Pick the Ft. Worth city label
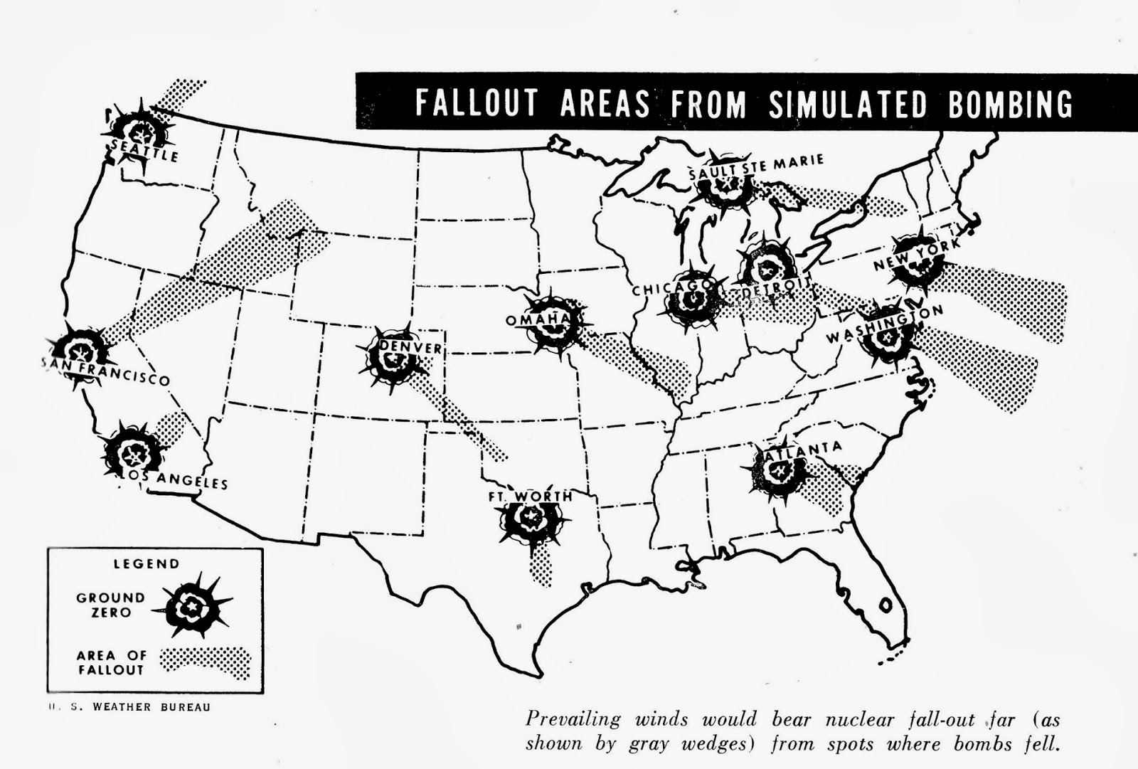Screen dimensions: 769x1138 531,496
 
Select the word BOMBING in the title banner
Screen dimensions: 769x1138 1010,104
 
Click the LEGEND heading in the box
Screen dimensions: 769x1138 147,564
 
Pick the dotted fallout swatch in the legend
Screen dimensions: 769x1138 206,662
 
